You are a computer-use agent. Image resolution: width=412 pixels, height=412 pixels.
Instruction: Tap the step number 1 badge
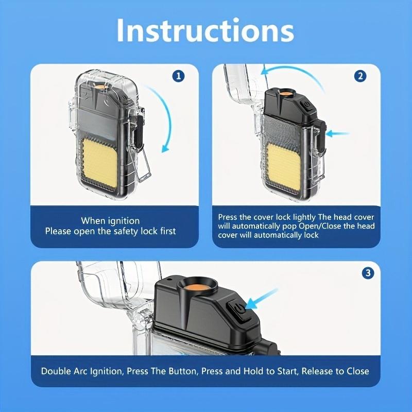click(x=178, y=76)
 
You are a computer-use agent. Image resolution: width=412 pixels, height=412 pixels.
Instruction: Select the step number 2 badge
click(x=360, y=76)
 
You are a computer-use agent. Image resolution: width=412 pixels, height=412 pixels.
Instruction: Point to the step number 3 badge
click(x=367, y=273)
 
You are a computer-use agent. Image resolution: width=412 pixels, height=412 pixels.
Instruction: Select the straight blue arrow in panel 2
click(x=337, y=134)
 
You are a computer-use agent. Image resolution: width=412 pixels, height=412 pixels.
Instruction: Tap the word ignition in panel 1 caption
click(x=124, y=221)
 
